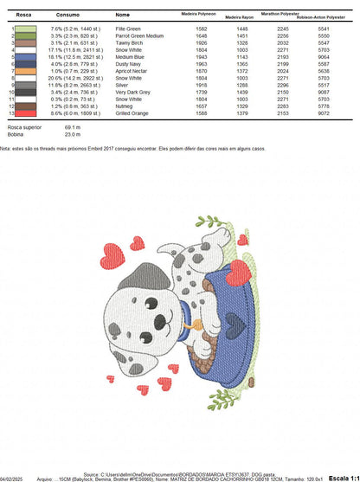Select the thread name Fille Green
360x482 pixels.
tap(128, 29)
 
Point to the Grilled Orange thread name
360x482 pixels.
tap(132, 112)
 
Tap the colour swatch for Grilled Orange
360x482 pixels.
tap(25, 112)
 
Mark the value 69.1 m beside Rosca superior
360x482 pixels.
tap(73, 126)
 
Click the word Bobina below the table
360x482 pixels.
tap(15, 133)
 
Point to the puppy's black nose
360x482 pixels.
tap(145, 327)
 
